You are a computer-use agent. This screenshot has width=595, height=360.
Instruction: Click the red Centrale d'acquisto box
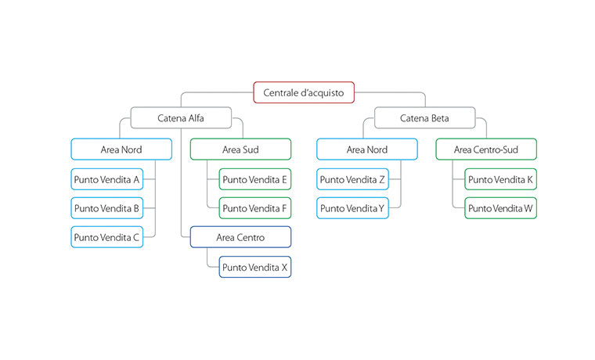coord(304,92)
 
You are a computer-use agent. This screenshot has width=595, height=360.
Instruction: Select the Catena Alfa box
coord(181,118)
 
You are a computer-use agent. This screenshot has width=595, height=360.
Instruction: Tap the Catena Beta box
coord(425,118)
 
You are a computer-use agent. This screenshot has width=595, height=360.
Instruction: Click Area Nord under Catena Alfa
coord(121,149)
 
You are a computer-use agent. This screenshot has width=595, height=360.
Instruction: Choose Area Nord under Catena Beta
coord(366,149)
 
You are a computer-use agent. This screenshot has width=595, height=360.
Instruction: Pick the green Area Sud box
coord(240,149)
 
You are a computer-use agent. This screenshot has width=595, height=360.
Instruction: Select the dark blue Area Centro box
coord(240,237)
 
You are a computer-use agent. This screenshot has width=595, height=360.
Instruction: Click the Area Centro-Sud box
coord(485,149)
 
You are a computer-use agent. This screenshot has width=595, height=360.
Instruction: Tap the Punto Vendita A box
coord(107,179)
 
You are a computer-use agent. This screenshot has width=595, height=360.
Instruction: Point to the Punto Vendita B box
coord(107,209)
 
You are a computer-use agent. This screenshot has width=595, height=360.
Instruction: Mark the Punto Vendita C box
coord(107,237)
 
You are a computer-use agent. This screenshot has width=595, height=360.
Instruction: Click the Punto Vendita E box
coord(254,179)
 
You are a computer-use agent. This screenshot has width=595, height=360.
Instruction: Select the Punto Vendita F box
coord(254,209)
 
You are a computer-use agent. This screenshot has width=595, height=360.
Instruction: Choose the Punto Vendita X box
coord(254,267)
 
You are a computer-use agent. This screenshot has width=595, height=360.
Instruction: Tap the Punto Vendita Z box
coord(352,179)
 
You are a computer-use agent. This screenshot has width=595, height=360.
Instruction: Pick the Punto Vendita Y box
coord(352,209)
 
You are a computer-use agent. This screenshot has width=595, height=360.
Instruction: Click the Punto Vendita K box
coord(500,179)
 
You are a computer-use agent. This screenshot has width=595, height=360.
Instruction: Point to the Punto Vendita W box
coord(500,209)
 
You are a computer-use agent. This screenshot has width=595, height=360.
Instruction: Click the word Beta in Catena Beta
coord(440,118)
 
